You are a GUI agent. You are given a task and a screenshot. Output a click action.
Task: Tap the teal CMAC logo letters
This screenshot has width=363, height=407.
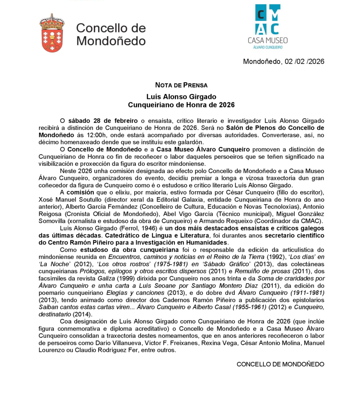[268, 19]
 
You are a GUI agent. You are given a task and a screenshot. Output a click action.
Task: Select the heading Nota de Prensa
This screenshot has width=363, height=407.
[181, 85]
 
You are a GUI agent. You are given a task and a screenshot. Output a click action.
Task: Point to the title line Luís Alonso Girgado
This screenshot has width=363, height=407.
[181, 97]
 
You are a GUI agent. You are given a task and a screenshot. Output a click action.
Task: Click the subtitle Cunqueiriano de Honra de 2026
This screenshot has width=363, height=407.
[181, 105]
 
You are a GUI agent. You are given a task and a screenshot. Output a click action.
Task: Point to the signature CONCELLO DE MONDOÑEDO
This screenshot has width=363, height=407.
[280, 364]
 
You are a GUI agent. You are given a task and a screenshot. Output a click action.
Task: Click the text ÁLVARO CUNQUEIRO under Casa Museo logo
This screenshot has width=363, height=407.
[268, 47]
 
